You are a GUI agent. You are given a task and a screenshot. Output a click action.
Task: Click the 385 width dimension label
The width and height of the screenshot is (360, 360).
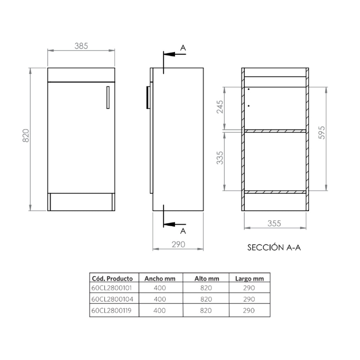[81, 46]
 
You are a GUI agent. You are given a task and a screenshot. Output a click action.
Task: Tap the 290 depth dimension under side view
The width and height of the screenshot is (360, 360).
[178, 244]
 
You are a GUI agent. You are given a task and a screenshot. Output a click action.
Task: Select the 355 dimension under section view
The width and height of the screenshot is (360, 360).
[274, 223]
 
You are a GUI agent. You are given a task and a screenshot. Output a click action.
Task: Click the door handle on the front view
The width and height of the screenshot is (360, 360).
[108, 97]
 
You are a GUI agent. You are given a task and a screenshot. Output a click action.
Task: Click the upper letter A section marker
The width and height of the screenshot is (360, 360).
[183, 48]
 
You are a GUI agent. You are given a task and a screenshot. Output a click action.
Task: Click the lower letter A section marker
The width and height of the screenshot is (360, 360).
[183, 230]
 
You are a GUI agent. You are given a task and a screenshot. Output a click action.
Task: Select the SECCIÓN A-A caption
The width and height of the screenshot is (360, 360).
[274, 248]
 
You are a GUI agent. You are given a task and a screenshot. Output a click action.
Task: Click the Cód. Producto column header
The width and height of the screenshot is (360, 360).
[113, 278]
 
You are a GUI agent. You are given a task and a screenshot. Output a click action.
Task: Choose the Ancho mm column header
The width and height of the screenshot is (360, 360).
[159, 278]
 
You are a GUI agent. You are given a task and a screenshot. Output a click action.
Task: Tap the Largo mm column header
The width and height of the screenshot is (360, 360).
[249, 278]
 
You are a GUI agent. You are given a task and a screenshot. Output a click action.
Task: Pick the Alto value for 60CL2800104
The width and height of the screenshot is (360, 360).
[206, 299]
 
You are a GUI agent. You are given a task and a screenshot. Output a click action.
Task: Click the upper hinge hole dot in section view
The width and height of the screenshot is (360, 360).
[248, 89]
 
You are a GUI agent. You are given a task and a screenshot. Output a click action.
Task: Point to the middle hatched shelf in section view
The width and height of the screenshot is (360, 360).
[275, 131]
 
